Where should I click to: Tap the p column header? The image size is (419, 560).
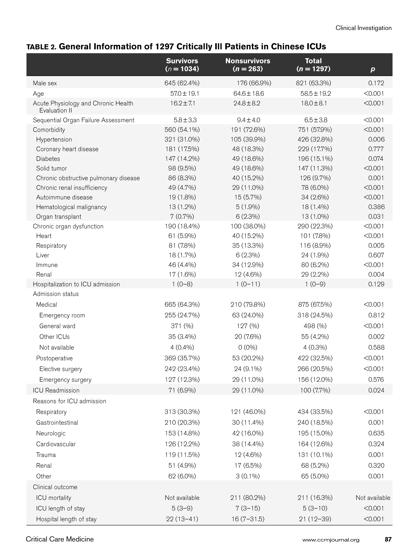pos(373,69)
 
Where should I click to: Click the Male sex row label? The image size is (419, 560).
pos(45,83)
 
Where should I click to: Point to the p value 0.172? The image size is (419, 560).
pos(376,83)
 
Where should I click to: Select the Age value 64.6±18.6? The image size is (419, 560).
pos(248,94)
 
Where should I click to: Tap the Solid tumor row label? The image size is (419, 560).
pos(51,168)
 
